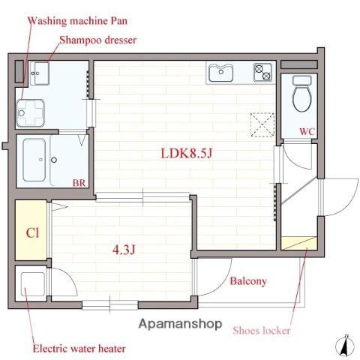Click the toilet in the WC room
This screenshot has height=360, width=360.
pyautogui.click(x=302, y=94)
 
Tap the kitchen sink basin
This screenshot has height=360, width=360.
pyautogui.click(x=221, y=73)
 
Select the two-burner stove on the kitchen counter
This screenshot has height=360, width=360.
pyautogui.click(x=262, y=72)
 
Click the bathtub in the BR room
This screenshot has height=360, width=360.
pyautogui.click(x=34, y=160)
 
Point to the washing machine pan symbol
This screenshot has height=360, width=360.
pyautogui.click(x=31, y=113)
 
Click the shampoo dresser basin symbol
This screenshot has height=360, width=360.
pyautogui.click(x=39, y=73)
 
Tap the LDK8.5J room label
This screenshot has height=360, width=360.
pyautogui.click(x=186, y=153)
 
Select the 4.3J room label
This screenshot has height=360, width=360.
pyautogui.click(x=124, y=249)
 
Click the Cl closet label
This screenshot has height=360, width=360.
pyautogui.click(x=32, y=233)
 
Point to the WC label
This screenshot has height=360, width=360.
pyautogui.click(x=307, y=131)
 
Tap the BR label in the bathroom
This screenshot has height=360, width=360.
pyautogui.click(x=79, y=183)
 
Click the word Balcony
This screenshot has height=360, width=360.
pyautogui.click(x=248, y=281)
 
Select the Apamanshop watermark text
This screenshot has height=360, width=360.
pyautogui.click(x=180, y=324)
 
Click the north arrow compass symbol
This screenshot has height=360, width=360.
pyautogui.click(x=345, y=346)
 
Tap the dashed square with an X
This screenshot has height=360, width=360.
pyautogui.click(x=262, y=124)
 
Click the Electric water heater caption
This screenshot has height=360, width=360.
pyautogui.click(x=79, y=349)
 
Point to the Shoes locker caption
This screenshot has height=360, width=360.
pyautogui.click(x=262, y=331)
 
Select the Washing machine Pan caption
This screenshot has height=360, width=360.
pyautogui.click(x=77, y=21)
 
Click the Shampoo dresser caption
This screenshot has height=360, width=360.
pyautogui.click(x=98, y=40)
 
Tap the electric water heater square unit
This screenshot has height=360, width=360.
pyautogui.click(x=32, y=284)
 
